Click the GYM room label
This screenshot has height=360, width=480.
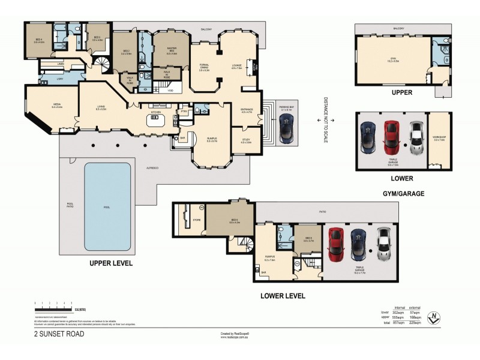393,59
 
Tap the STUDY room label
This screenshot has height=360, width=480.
246,140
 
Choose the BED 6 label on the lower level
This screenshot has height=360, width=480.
235,220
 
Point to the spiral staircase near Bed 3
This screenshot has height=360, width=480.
101,62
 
